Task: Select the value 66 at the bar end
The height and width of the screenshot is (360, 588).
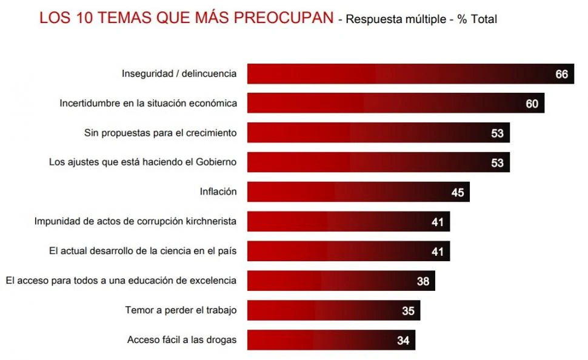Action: click(561, 75)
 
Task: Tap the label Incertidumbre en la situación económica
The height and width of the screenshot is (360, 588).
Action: click(148, 104)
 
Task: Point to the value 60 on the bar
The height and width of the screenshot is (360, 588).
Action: click(532, 104)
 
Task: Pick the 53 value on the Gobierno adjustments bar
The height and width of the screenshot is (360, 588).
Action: click(497, 162)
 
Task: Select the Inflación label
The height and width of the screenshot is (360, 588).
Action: click(218, 192)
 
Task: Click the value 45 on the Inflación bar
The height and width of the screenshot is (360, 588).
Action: click(458, 193)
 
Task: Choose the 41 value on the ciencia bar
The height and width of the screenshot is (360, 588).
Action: click(438, 252)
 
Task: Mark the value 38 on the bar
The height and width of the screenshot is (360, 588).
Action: click(423, 281)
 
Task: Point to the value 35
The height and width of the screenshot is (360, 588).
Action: click(408, 311)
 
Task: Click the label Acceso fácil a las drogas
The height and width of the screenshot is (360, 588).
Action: click(182, 340)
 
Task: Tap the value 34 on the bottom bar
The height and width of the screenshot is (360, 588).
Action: click(403, 341)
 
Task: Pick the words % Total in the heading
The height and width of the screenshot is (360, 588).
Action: click(477, 19)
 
